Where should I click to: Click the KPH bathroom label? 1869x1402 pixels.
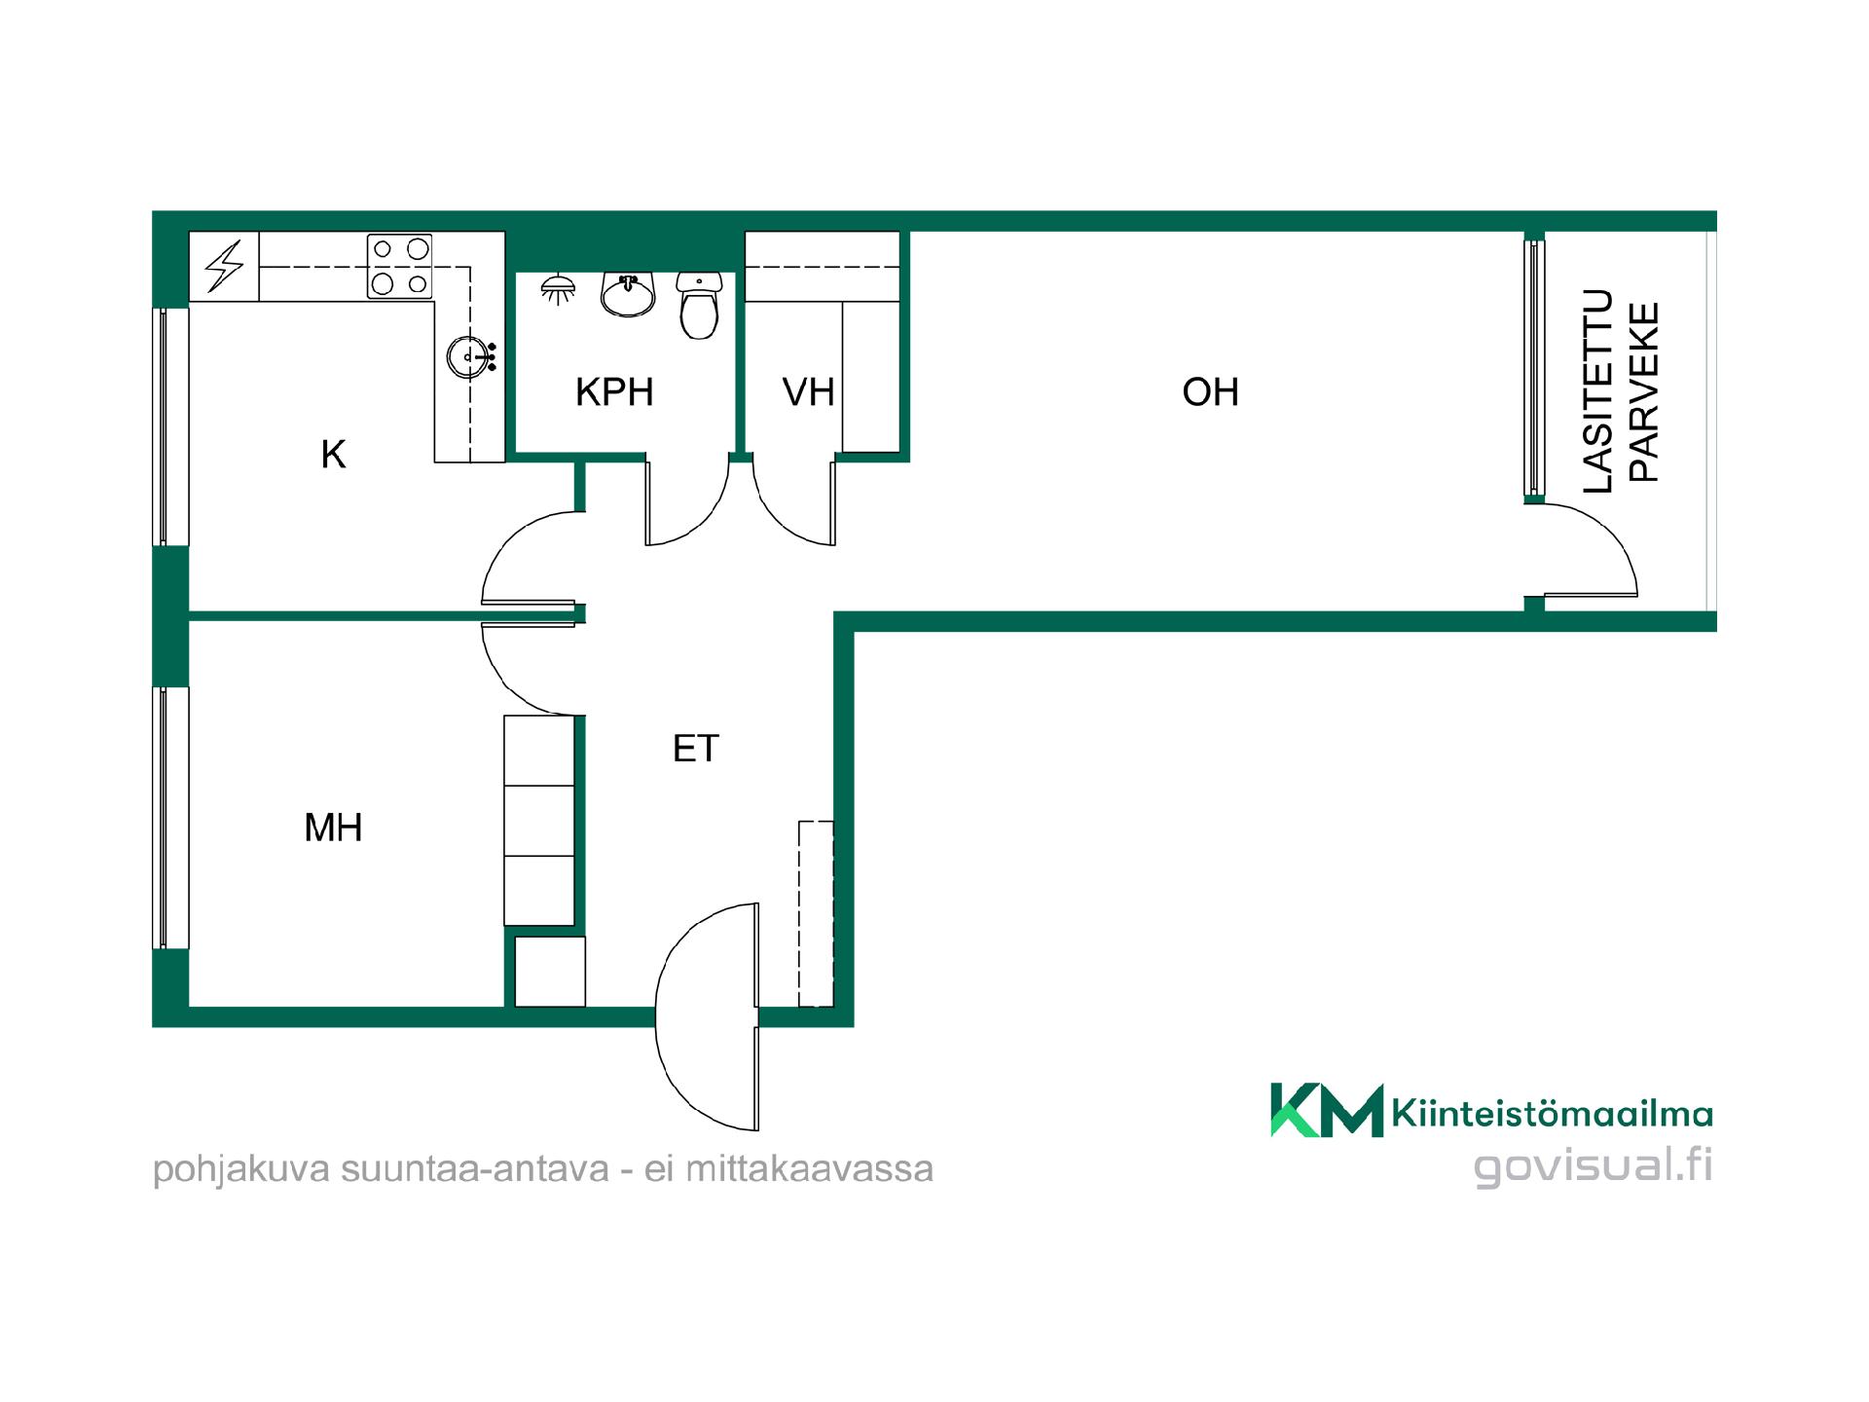(614, 392)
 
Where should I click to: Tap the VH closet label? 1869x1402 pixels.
(808, 392)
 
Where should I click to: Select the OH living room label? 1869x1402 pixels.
(1210, 392)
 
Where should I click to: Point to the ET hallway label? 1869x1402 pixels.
(696, 749)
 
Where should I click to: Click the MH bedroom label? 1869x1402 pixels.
(333, 828)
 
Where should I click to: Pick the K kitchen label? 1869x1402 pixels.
(333, 455)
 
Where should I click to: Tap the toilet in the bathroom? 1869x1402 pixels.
(699, 305)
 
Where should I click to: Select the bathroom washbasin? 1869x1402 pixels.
(628, 294)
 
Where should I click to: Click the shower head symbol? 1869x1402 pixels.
(558, 288)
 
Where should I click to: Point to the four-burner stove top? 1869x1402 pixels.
(399, 266)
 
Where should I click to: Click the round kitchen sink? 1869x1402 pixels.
(468, 357)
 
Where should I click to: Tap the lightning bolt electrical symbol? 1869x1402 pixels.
(224, 267)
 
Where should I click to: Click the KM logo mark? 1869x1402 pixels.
(1327, 1110)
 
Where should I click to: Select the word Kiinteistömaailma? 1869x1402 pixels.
(1553, 1113)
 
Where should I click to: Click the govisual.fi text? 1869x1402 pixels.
(1594, 1165)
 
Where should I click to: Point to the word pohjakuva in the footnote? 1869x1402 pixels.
(242, 1169)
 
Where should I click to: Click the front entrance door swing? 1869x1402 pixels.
(672, 1017)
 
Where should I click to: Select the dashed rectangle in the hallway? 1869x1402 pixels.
(816, 914)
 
